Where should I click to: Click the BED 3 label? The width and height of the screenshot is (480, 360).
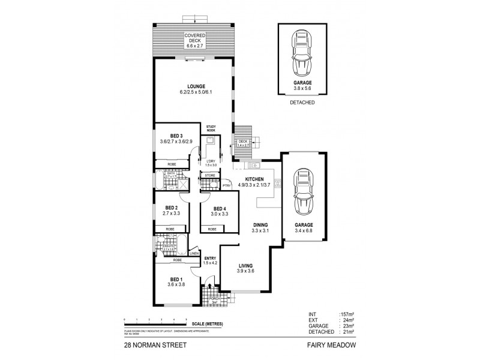(x=176, y=136)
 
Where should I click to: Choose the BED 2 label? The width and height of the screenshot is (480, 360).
(x=172, y=208)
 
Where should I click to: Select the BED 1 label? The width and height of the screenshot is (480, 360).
(x=176, y=280)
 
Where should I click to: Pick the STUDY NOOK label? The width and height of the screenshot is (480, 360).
(x=211, y=128)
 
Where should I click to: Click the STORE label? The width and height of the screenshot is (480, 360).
(x=210, y=176)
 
